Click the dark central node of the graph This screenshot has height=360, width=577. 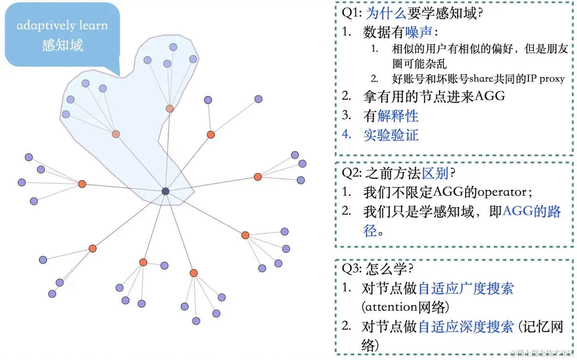(165, 191)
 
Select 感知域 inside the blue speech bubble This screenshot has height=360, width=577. (63, 45)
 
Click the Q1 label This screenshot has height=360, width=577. (351, 13)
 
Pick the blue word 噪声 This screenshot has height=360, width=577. (418, 32)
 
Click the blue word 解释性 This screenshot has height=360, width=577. (397, 116)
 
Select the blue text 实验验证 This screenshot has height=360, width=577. (391, 135)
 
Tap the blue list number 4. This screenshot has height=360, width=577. (346, 134)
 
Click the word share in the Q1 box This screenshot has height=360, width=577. (481, 78)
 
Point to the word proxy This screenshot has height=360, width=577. (552, 78)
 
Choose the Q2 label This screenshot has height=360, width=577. (351, 173)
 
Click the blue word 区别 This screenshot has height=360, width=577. (435, 173)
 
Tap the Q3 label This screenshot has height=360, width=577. (351, 268)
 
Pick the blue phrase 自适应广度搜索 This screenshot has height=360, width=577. (466, 288)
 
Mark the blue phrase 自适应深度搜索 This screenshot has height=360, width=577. (466, 327)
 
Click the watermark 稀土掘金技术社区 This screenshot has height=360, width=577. (545, 353)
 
